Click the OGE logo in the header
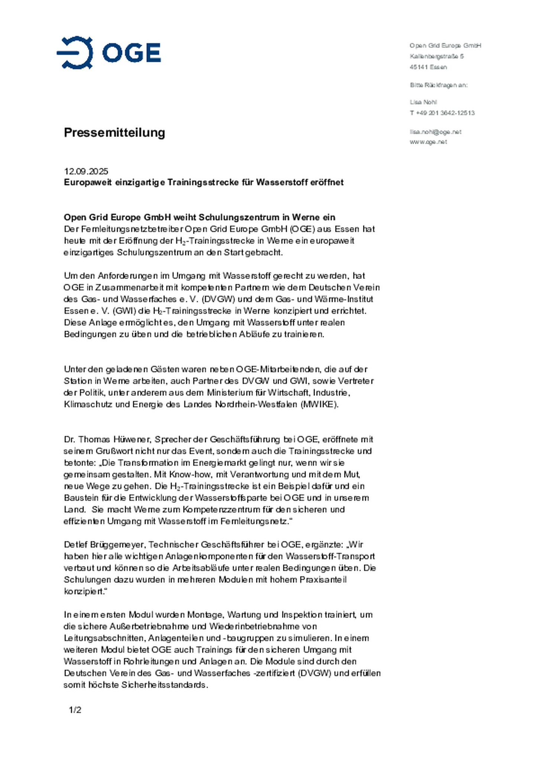tap(108, 53)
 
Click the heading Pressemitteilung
tap(114, 133)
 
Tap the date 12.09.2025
tap(86, 171)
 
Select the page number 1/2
tap(75, 710)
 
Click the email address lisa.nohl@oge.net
tap(435, 132)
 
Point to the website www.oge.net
tap(428, 142)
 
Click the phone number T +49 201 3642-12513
tap(442, 113)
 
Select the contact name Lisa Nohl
tap(423, 102)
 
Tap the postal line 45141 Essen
tap(428, 67)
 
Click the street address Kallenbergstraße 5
tap(437, 56)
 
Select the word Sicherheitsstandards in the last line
tap(164, 685)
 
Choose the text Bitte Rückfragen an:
tap(438, 85)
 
